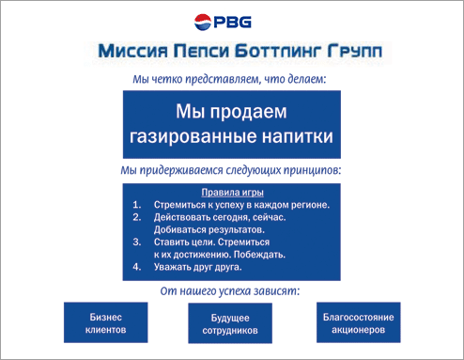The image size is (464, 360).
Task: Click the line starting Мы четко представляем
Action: [230, 79]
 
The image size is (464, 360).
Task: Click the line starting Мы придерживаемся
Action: [231, 171]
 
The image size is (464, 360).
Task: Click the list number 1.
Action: [136, 204]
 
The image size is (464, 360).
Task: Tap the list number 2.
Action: [136, 216]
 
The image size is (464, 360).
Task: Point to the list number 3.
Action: [136, 242]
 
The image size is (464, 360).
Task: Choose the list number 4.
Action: [136, 266]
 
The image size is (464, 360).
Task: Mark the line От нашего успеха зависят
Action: [231, 291]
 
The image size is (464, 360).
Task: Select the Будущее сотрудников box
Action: [230, 325]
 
